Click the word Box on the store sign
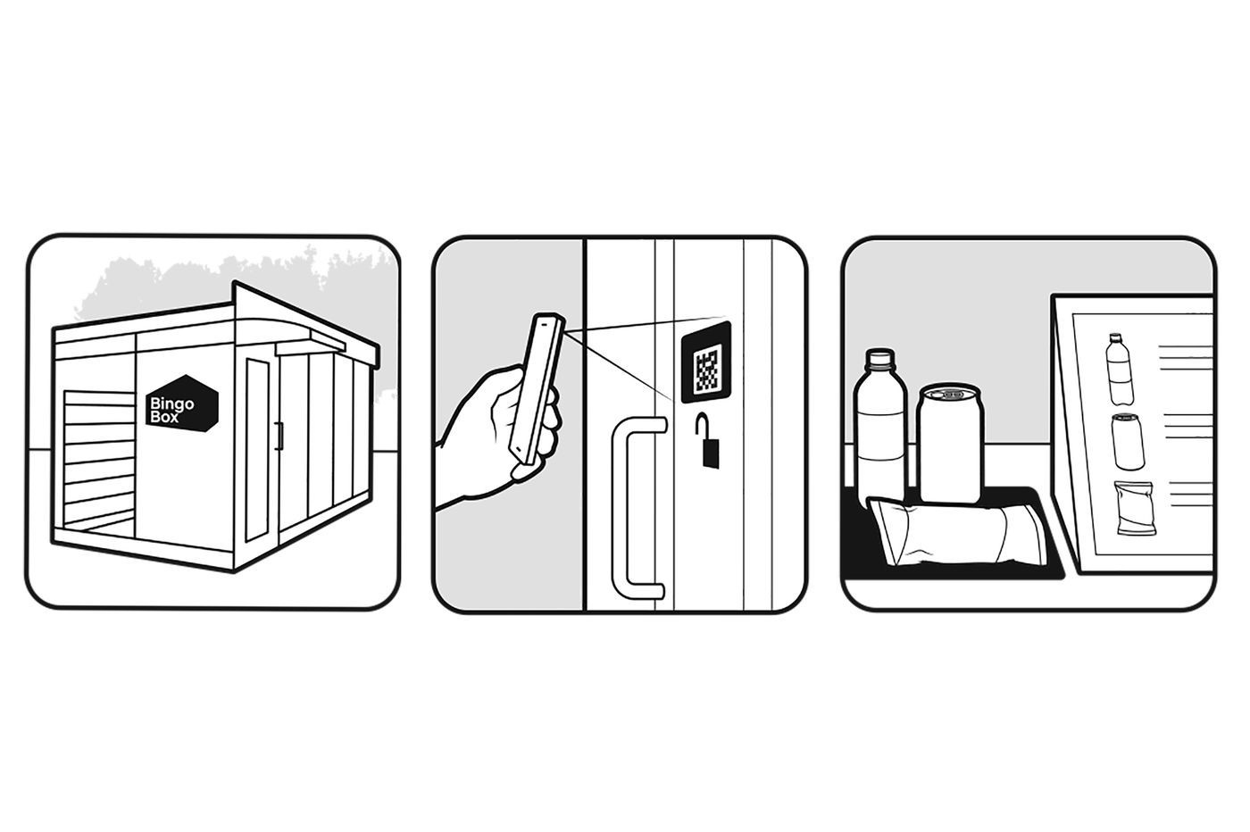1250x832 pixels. [x=164, y=417]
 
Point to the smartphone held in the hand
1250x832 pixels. [x=537, y=390]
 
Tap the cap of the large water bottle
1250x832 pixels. [x=879, y=359]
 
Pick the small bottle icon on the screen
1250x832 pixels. [x=1120, y=369]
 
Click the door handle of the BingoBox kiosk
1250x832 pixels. [x=280, y=437]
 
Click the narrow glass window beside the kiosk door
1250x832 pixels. [x=258, y=450]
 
